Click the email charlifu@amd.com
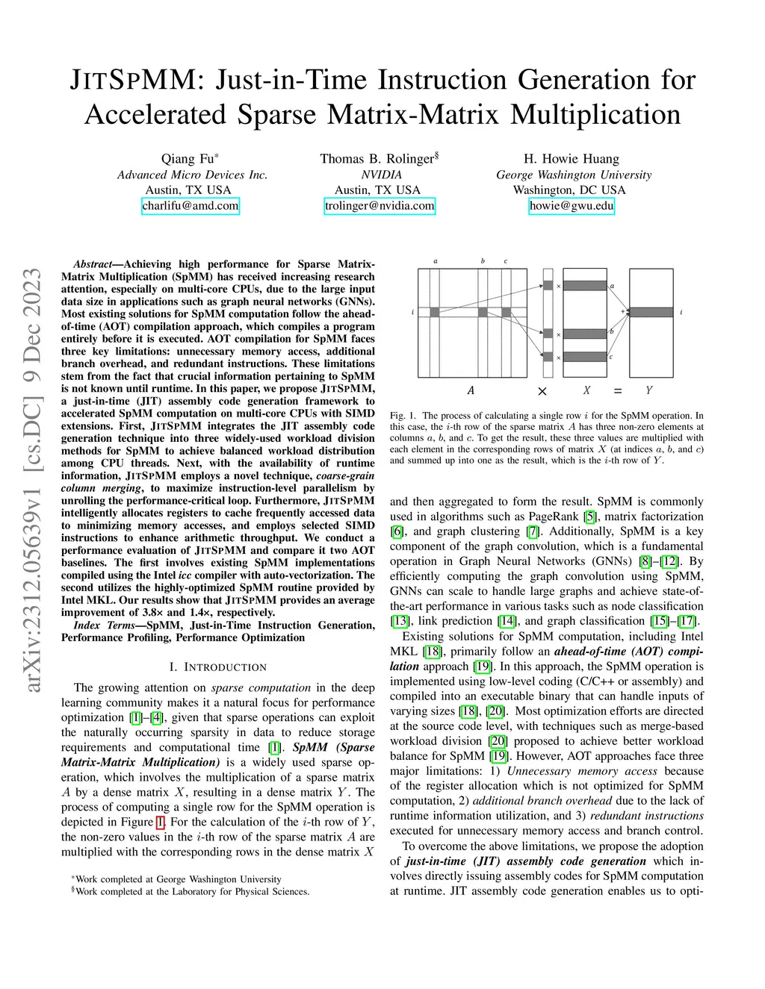point(191,206)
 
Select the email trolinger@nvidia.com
point(380,206)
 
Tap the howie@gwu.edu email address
point(572,206)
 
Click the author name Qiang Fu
point(188,159)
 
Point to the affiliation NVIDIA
point(381,175)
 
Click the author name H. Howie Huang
point(572,159)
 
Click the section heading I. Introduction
point(217,667)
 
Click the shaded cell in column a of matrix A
point(435,312)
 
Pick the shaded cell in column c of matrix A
point(505,312)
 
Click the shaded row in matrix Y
point(651,312)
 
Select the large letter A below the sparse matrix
point(471,390)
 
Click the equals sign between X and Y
point(617,390)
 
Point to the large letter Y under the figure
point(648,390)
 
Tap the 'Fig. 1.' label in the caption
point(402,416)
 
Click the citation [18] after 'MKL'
point(433,652)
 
